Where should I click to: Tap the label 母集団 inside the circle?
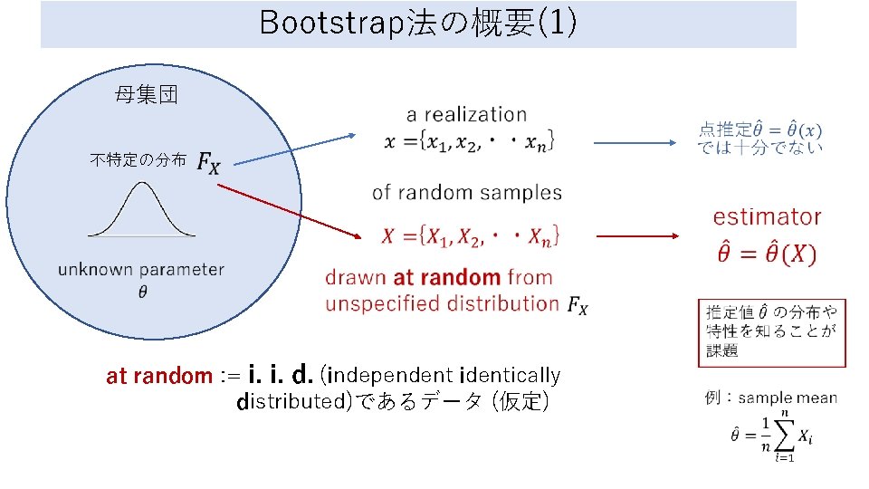point(146,94)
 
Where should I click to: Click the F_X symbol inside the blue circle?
point(207,163)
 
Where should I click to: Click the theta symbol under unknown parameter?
point(142,291)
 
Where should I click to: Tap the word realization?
point(480,115)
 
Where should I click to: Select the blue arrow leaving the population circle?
point(290,150)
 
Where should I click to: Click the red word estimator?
point(767,217)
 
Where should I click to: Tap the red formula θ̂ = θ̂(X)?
point(766,254)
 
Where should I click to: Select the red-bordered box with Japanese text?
point(771,331)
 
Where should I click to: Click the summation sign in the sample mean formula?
point(784,435)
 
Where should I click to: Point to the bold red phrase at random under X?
point(446,277)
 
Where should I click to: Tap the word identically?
point(511,375)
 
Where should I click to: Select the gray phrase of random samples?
point(466,193)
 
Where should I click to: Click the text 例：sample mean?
point(770,398)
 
